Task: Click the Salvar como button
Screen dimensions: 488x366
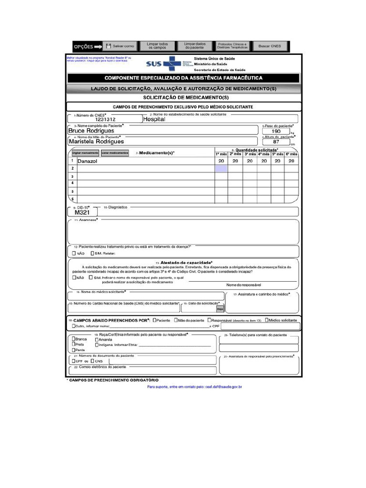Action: [121, 46]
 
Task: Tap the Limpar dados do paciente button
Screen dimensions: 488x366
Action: [194, 46]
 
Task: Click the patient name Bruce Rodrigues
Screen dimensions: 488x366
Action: [91, 131]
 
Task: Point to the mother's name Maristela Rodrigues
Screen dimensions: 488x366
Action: [96, 142]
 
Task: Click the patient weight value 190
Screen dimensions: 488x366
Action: [276, 131]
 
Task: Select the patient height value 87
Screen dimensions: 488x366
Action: [276, 142]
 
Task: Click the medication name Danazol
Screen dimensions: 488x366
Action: [87, 162]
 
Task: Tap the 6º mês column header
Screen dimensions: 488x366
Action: [291, 154]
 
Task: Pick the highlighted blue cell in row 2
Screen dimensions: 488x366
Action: [221, 169]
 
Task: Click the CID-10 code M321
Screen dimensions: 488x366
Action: [82, 213]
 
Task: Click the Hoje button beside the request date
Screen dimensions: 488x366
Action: [220, 309]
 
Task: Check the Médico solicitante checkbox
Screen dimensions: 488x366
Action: [267, 320]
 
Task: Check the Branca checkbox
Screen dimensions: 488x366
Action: [74, 339]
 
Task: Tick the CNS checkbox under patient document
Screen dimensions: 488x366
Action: [92, 361]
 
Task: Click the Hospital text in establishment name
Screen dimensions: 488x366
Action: [154, 120]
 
